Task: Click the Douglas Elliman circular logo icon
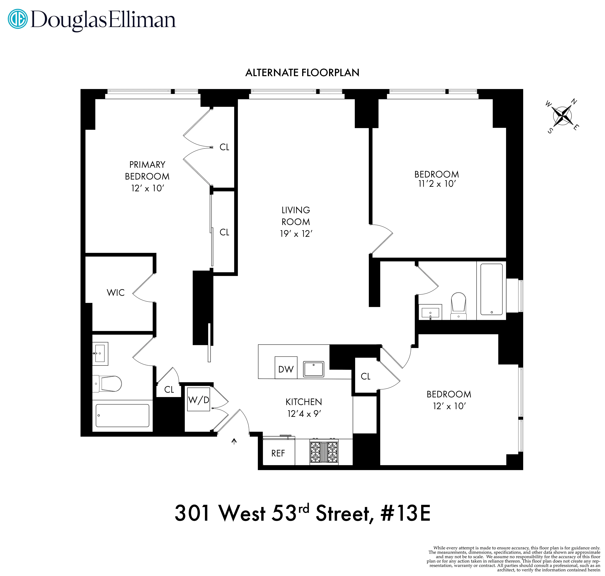pos(17,19)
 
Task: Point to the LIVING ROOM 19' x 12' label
pos(296,222)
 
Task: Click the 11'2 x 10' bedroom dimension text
pos(437,184)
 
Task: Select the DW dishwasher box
pos(286,368)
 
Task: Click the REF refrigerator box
pos(278,453)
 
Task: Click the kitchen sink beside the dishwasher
pos(313,369)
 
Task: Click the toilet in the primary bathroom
pos(107,384)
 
